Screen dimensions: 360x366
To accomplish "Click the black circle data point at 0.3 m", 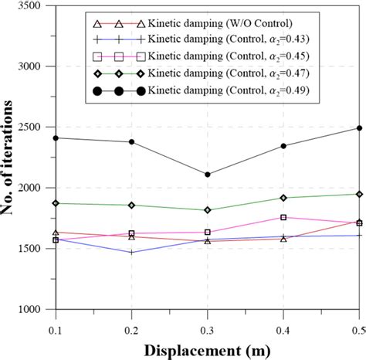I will click(x=207, y=175).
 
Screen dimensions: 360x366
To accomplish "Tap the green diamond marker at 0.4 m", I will click(x=283, y=198).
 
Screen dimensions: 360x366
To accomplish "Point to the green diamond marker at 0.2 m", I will click(x=131, y=205).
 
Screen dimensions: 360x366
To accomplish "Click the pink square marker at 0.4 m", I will click(x=283, y=217).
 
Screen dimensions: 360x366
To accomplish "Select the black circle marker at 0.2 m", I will click(x=131, y=142).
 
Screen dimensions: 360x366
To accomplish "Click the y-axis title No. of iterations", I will click(x=10, y=158).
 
